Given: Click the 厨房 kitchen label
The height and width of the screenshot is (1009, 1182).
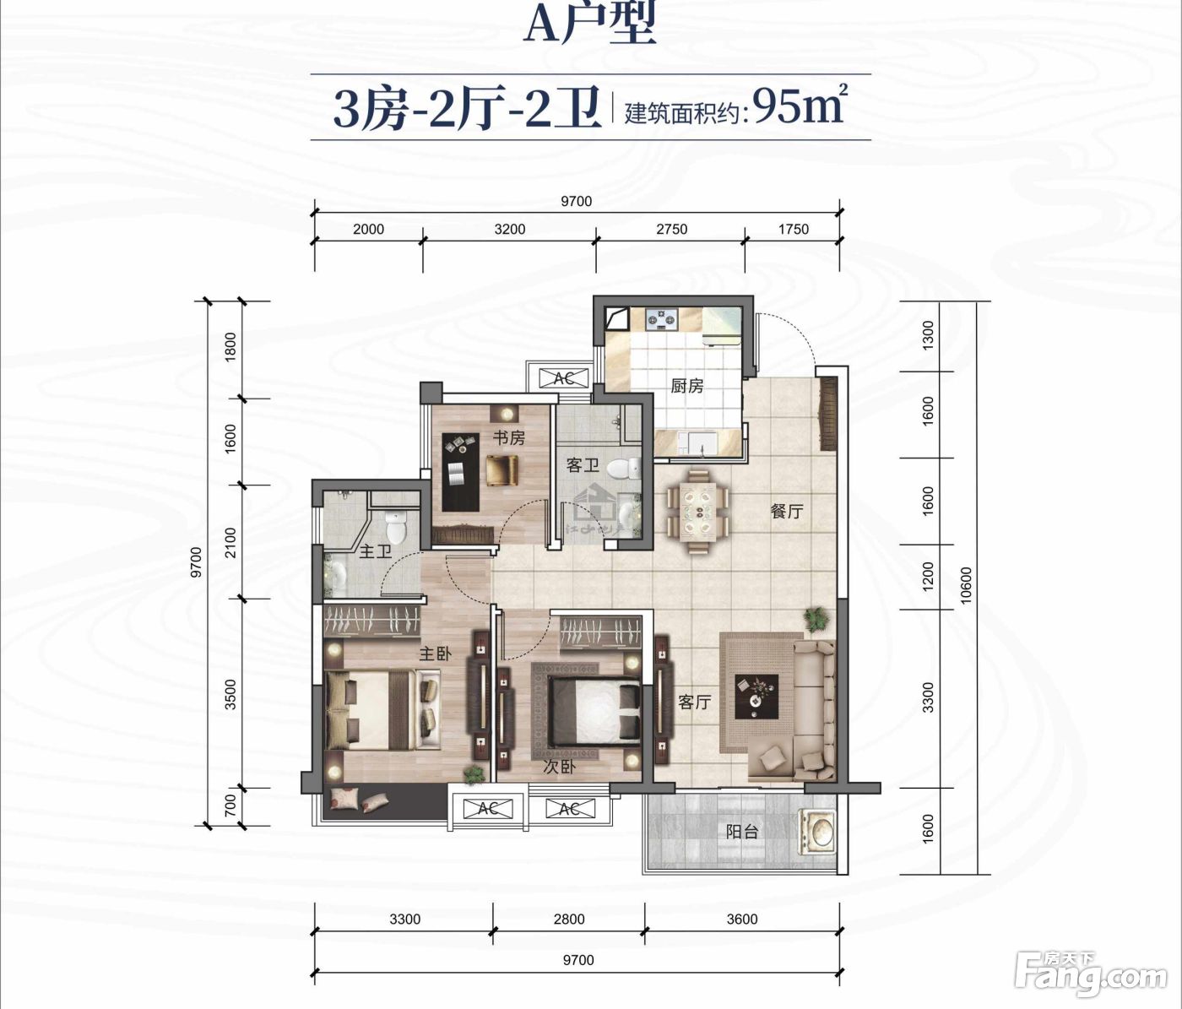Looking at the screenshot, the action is [x=686, y=386].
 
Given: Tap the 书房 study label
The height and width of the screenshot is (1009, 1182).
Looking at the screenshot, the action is [x=509, y=438].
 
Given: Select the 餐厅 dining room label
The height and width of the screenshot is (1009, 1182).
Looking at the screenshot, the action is [x=787, y=512].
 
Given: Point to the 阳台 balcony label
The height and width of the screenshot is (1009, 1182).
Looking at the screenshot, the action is [x=742, y=832].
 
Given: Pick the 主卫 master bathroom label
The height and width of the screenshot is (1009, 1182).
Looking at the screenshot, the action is [x=375, y=552].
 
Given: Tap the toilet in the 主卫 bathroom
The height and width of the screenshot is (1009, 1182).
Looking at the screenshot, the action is [x=396, y=528].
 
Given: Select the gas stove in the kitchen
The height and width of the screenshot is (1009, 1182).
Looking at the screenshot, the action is [x=662, y=319].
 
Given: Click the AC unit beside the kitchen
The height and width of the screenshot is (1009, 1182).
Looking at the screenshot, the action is [x=563, y=378].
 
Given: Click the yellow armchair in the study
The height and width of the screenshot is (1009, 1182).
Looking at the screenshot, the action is [x=502, y=469].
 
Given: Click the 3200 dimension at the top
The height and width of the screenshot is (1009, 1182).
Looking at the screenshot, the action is [x=509, y=230].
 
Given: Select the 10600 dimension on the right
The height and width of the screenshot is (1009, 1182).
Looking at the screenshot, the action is [x=966, y=586].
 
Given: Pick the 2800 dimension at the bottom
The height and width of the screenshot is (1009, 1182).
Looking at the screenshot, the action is [x=569, y=919].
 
